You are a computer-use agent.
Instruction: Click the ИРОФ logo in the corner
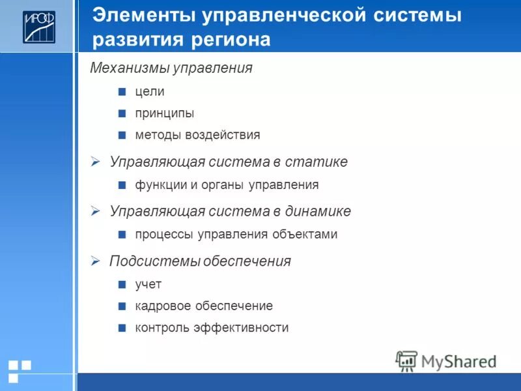point(39,27)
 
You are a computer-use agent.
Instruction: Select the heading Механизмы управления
point(171,68)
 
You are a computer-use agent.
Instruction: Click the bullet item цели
point(150,92)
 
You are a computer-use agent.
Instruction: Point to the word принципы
point(165,113)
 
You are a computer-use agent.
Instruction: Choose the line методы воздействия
point(197,136)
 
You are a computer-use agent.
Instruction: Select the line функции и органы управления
point(227,185)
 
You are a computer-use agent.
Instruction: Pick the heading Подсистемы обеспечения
point(200,261)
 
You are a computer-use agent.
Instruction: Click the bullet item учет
point(148,284)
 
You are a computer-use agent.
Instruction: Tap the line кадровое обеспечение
point(204,306)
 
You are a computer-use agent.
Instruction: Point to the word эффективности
point(241,328)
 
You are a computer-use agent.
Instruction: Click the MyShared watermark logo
point(445,361)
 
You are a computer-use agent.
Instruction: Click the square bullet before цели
point(122,92)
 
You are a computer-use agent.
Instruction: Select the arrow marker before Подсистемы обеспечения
point(95,261)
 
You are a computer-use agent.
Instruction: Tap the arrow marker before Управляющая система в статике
point(95,162)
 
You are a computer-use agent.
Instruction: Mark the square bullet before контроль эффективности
point(122,328)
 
